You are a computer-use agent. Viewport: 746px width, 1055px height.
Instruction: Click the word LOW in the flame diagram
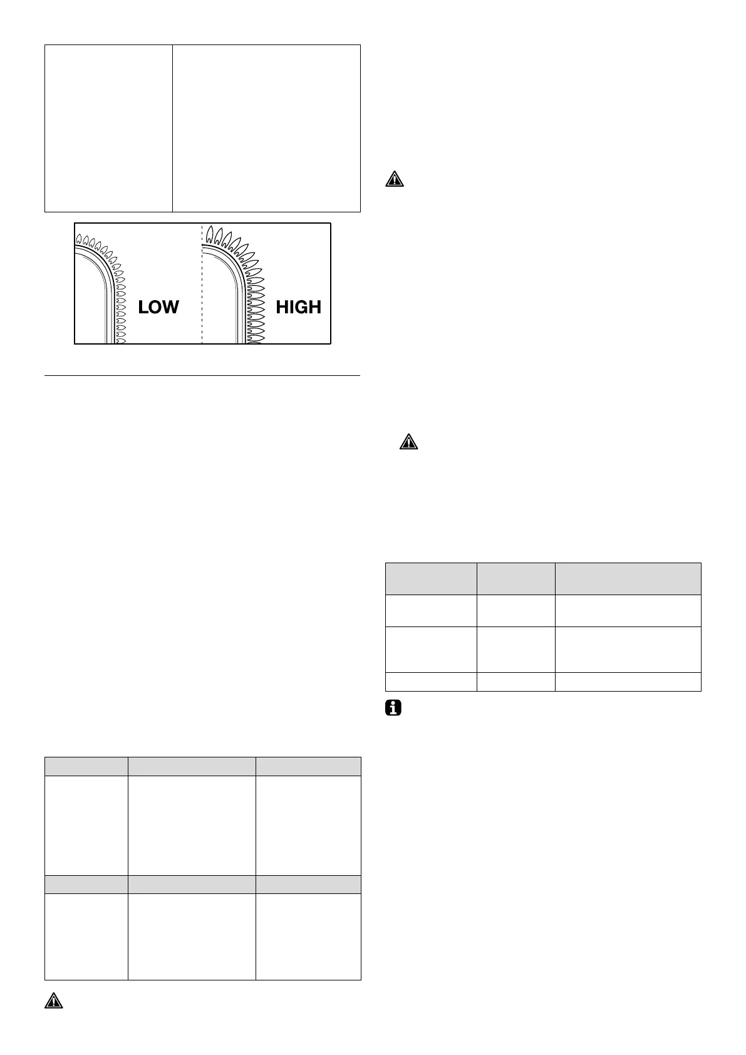(158, 307)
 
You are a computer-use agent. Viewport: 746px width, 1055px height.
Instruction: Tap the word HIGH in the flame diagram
(298, 307)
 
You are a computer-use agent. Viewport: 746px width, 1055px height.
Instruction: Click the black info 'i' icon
(393, 709)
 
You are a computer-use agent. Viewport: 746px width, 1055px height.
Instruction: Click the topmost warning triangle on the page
(394, 179)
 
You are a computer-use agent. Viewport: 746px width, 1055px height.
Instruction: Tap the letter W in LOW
(171, 307)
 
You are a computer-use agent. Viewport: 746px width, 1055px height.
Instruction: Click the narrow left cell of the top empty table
(108, 128)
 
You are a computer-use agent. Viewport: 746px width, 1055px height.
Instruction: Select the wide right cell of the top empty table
(266, 128)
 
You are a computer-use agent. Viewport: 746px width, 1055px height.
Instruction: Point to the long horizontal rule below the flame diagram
(202, 376)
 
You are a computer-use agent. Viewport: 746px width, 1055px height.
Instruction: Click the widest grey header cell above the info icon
(628, 578)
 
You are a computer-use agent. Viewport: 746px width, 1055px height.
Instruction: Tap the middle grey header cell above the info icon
(515, 578)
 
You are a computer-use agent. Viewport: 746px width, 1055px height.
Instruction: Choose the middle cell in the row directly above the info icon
(515, 682)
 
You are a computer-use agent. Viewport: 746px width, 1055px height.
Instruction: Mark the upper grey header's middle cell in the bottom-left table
(192, 767)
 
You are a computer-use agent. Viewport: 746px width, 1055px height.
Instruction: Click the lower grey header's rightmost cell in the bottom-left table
(308, 884)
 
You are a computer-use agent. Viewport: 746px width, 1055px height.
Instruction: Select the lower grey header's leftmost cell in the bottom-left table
(86, 884)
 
